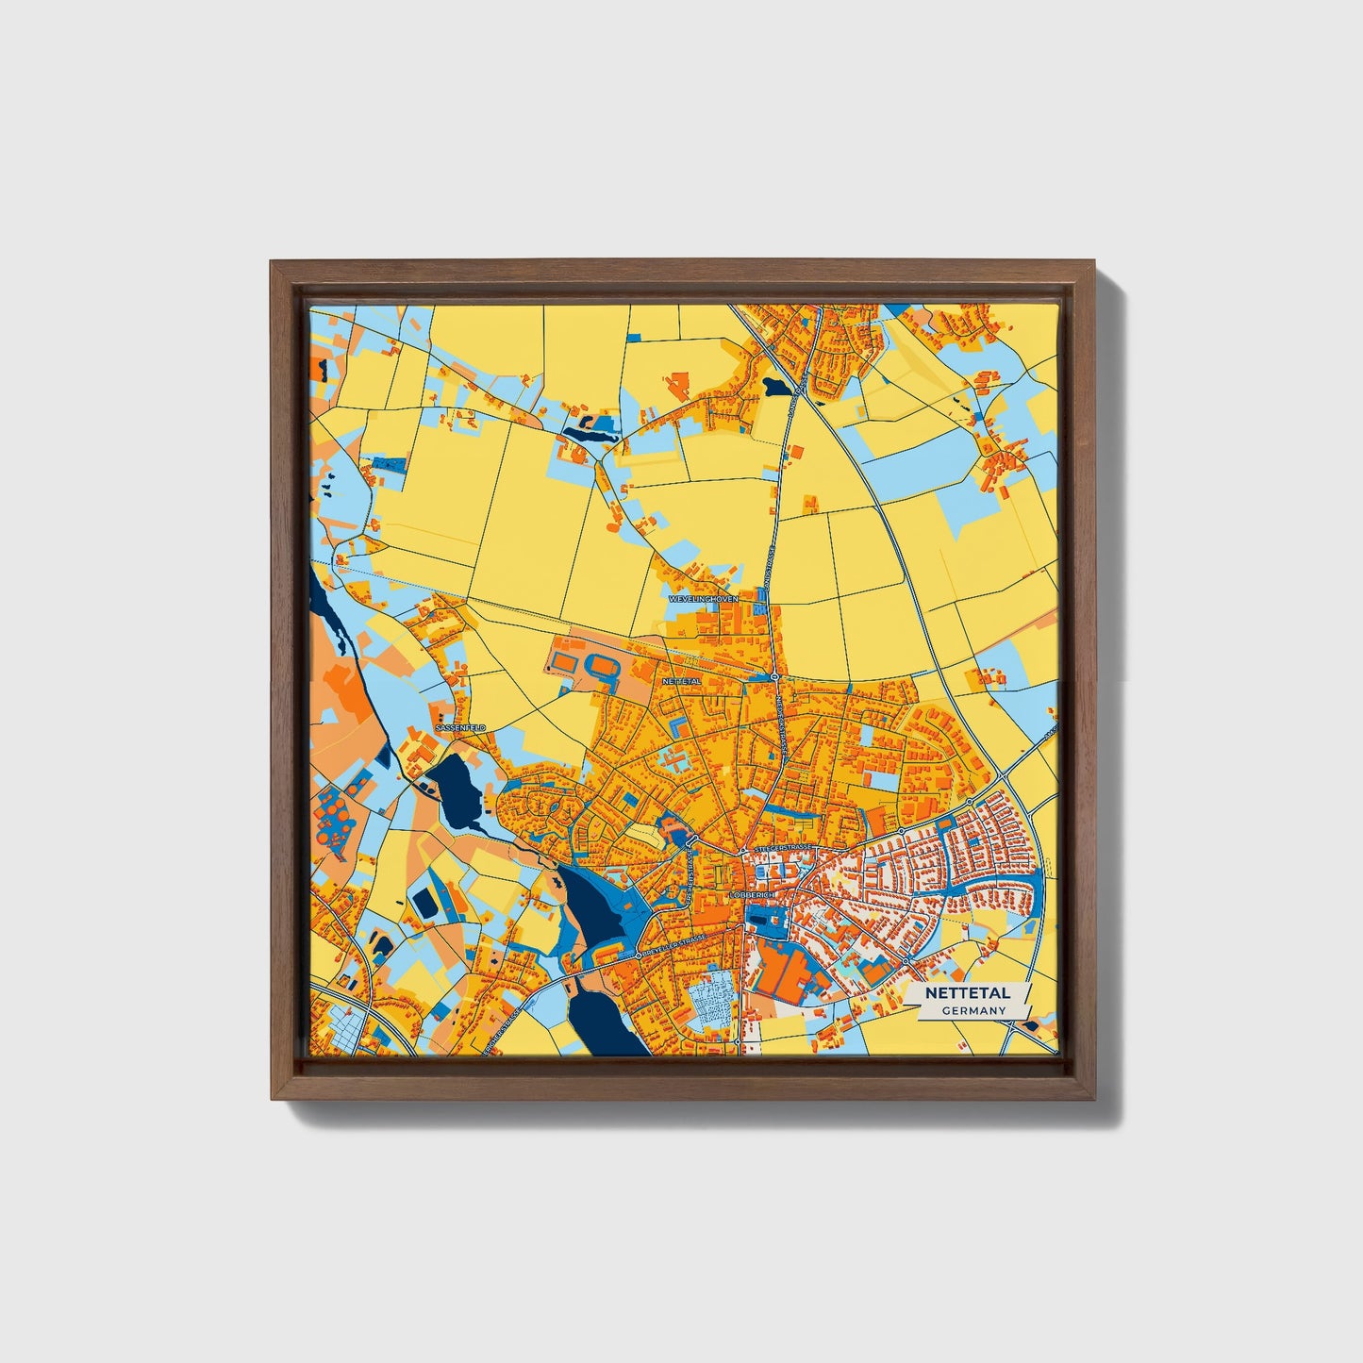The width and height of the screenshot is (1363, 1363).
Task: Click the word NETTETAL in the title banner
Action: [967, 993]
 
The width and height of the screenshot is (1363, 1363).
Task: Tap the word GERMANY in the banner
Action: [973, 1010]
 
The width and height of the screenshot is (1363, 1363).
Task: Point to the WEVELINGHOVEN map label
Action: [704, 599]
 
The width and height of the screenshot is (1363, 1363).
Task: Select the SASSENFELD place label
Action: [460, 728]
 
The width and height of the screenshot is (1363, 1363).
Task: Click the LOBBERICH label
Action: [752, 894]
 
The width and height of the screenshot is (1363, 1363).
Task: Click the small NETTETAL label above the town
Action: [682, 680]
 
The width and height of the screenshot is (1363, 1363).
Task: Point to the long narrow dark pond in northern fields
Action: [590, 434]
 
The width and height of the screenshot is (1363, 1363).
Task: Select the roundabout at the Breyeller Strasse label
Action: [639, 956]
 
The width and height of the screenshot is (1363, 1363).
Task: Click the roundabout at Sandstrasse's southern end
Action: [773, 677]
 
